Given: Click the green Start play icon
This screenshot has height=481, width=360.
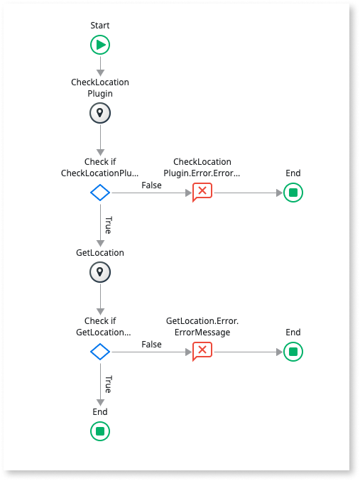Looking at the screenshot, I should (x=100, y=45).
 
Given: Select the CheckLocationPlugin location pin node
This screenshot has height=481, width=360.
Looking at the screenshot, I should (x=100, y=113).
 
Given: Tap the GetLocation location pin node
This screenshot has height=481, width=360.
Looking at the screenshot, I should (x=100, y=272).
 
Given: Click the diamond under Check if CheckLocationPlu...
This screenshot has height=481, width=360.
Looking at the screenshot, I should (x=100, y=193).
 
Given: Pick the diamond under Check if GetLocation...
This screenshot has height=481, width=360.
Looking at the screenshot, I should (x=100, y=352).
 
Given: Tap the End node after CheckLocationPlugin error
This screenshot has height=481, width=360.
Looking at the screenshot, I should (x=293, y=193).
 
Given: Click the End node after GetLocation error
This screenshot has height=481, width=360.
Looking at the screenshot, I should (x=293, y=352).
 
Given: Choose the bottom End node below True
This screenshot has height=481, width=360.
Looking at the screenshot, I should (x=100, y=431).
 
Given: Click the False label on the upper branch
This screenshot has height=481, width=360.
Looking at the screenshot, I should (x=151, y=185).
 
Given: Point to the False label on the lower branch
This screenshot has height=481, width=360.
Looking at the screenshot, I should (x=151, y=345).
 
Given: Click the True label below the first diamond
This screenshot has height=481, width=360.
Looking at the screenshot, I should (x=108, y=225).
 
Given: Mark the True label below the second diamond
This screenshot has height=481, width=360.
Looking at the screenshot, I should (x=108, y=384).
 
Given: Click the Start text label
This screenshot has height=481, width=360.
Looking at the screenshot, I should (x=100, y=26).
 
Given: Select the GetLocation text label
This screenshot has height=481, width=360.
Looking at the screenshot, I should (x=100, y=253).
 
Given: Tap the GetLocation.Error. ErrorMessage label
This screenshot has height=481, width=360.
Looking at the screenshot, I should (x=202, y=327).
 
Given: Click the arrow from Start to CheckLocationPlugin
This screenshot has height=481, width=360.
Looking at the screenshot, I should (x=100, y=65).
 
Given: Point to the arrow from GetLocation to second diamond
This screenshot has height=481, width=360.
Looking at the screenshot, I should (x=100, y=298).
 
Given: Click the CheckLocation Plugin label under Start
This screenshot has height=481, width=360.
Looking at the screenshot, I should (x=100, y=88).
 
